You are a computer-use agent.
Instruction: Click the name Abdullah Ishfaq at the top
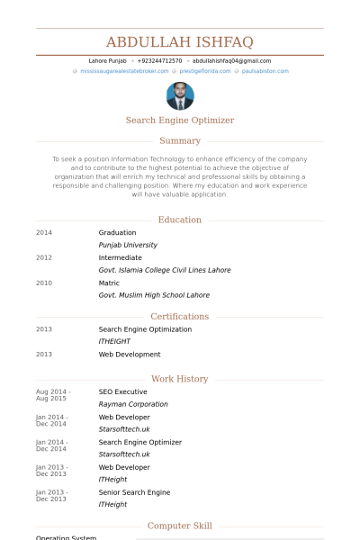click(180, 42)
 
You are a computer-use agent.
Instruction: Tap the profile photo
click(180, 96)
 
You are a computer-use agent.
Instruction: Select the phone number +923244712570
click(159, 61)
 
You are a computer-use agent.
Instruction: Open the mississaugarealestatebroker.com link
click(124, 70)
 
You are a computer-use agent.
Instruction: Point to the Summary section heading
click(180, 140)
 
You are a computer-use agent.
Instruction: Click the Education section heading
click(180, 220)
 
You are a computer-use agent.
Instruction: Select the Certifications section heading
click(180, 317)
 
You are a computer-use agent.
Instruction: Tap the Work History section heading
click(180, 379)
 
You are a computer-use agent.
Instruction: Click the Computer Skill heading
click(180, 526)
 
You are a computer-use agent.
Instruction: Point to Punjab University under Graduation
click(128, 245)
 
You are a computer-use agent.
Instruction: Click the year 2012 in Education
click(44, 257)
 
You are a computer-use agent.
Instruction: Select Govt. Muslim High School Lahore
click(154, 295)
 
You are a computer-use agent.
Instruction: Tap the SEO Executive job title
click(123, 392)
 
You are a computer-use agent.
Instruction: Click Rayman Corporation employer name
click(133, 405)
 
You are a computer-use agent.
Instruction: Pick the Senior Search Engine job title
click(134, 492)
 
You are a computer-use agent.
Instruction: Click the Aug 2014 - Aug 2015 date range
click(51, 395)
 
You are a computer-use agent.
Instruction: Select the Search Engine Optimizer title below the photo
click(180, 120)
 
